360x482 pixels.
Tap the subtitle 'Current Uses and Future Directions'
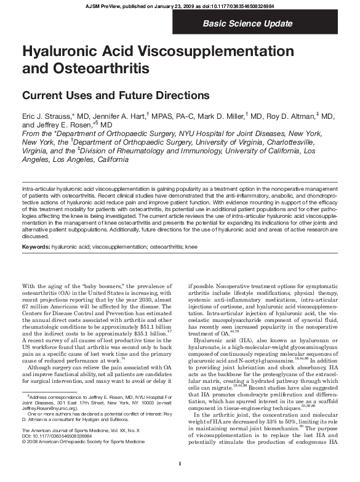tap(116, 96)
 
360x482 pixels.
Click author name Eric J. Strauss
tap(49, 116)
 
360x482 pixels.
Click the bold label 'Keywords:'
tap(36, 246)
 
